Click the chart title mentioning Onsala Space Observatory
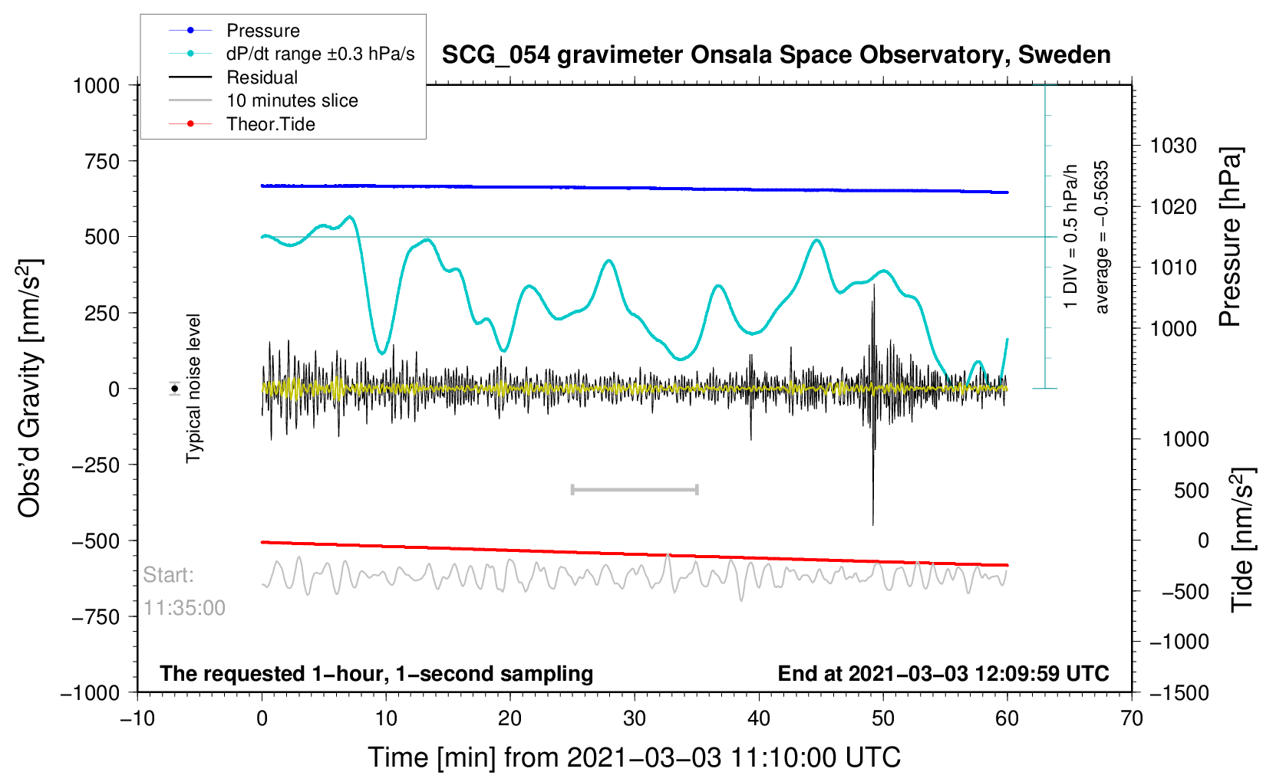click(776, 55)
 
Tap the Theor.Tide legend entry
click(242, 124)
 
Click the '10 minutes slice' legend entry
click(263, 100)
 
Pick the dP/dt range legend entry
click(291, 54)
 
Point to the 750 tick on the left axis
click(102, 162)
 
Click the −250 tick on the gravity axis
click(96, 465)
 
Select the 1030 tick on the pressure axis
click(1173, 146)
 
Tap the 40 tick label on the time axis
click(758, 718)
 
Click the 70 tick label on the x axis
click(1131, 718)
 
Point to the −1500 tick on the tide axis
click(1179, 692)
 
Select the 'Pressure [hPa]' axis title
click(1230, 238)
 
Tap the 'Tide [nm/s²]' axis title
click(1242, 540)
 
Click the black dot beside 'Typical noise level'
click(174, 389)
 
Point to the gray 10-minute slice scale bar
click(635, 489)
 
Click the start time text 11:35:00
click(184, 608)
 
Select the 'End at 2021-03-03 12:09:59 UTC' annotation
click(943, 674)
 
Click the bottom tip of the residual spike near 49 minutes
click(873, 525)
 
